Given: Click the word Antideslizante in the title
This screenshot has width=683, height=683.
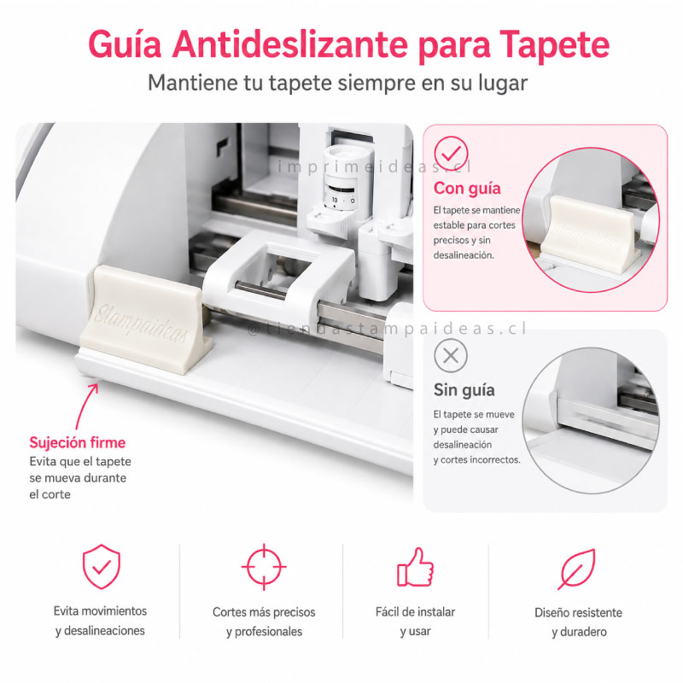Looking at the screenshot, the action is [x=289, y=44].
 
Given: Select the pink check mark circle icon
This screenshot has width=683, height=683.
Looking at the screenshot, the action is [x=451, y=153].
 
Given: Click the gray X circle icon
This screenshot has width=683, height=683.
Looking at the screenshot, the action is [x=451, y=356].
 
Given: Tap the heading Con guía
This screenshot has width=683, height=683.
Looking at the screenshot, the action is [x=467, y=189].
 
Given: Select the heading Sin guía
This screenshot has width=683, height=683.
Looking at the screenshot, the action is [x=464, y=390].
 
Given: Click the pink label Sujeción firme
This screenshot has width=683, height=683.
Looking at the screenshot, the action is [x=78, y=442].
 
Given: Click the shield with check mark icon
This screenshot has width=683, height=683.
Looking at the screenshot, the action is [x=102, y=566].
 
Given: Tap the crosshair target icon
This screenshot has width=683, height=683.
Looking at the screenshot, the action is [x=264, y=567].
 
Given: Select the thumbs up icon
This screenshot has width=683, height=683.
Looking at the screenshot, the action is [x=415, y=567].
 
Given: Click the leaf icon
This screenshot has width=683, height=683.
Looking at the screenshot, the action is [x=577, y=569].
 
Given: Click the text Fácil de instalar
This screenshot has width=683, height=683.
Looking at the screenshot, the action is [x=415, y=612].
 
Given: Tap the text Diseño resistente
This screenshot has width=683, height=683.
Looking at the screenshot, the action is [x=578, y=612].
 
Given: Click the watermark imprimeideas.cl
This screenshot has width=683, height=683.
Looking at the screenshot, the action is [x=375, y=166].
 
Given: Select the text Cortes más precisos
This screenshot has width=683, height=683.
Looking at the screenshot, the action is [x=264, y=612].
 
